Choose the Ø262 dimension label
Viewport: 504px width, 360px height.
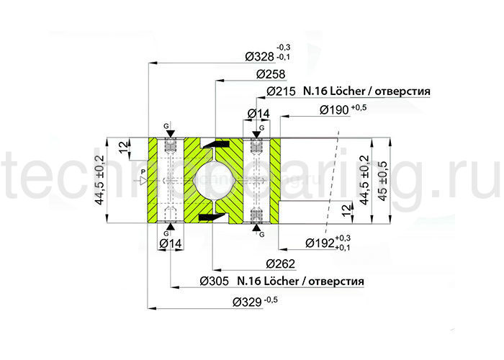(x=275, y=263)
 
